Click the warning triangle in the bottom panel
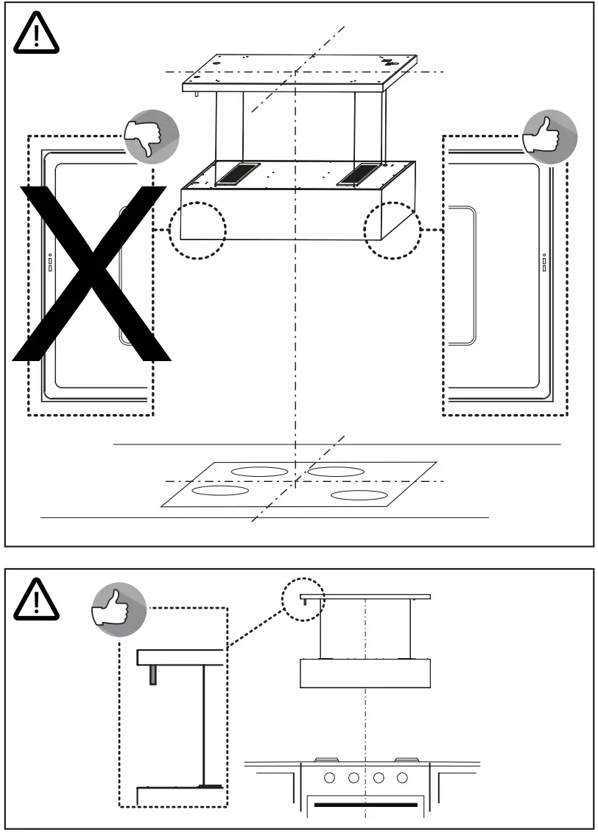click(35, 598)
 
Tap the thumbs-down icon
click(150, 137)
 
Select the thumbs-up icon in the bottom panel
click(118, 609)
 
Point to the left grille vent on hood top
click(236, 175)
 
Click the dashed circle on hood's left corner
click(197, 230)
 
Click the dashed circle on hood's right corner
click(393, 230)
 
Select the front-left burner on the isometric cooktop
click(219, 490)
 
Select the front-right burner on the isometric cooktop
click(359, 494)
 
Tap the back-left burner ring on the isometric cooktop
click(259, 472)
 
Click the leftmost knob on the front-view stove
click(329, 777)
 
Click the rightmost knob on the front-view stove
click(402, 777)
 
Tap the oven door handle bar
click(366, 805)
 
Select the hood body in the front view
click(365, 673)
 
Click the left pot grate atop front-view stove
click(324, 759)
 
